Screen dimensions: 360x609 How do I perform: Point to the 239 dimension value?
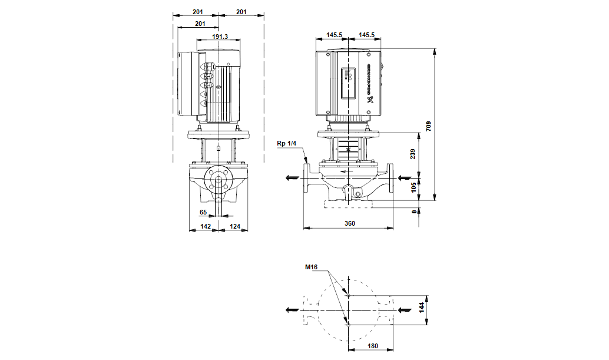coord(413,154)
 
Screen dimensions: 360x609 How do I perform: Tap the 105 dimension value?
coord(413,187)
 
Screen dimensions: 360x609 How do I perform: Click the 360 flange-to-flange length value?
coord(350,224)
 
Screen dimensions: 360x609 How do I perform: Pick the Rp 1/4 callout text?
coord(287,143)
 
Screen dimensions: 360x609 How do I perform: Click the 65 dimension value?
coord(203,212)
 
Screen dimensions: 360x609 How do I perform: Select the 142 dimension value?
coord(206,226)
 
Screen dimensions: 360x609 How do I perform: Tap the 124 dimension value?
coord(235,226)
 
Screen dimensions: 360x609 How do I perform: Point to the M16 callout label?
coord(311,267)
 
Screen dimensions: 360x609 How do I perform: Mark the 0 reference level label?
coord(414,210)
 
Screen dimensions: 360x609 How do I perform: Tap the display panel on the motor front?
coord(348,83)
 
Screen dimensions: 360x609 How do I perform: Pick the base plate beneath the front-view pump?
coord(348,205)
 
